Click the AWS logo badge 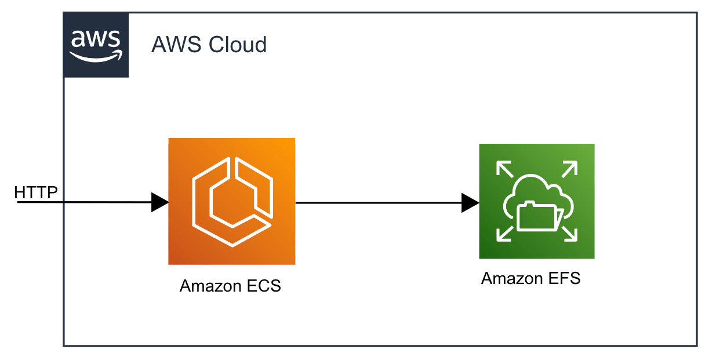coord(96,45)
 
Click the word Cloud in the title coord(238,44)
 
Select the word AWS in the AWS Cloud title coord(176,44)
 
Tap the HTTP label coord(36,192)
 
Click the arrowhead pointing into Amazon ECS coord(160,202)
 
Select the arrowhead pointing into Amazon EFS coord(470,203)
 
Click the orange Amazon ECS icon coord(232,201)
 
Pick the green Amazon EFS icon coord(537,201)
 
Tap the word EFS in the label coord(565,278)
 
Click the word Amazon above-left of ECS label coord(209,286)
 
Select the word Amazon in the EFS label coord(511,278)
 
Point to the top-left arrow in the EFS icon coord(505,169)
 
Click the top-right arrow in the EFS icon coord(569,169)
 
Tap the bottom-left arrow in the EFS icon coord(505,234)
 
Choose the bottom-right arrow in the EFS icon coord(569,234)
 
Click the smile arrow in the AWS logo coord(96,56)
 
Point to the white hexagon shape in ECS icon coord(232,202)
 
